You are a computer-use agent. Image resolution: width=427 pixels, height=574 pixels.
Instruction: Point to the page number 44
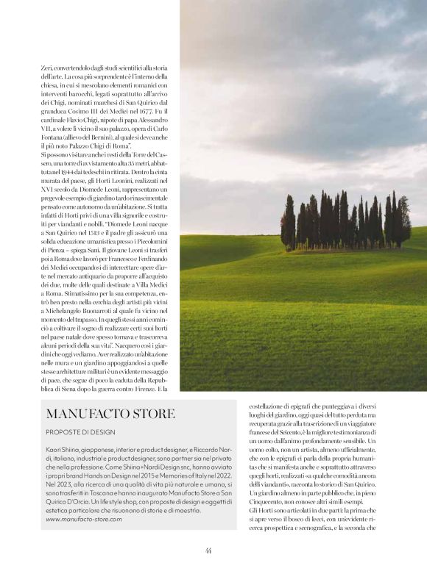click(209, 550)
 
